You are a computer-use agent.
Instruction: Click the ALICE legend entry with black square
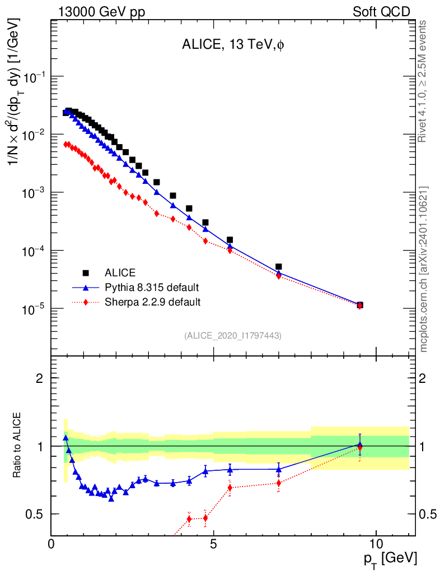coord(120,273)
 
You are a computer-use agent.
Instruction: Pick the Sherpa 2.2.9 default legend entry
coord(152,302)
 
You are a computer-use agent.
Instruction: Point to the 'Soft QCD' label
coord(381,11)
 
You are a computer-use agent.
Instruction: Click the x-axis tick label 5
coord(214,544)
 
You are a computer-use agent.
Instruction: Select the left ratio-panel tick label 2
coord(40,378)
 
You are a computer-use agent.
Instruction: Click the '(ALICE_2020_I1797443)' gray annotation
coord(233,335)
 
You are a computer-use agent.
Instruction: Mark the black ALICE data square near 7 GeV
coord(279,267)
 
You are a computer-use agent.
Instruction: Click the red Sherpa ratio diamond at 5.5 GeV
coord(230,487)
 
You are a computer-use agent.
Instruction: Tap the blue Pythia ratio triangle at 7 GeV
coord(279,469)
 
